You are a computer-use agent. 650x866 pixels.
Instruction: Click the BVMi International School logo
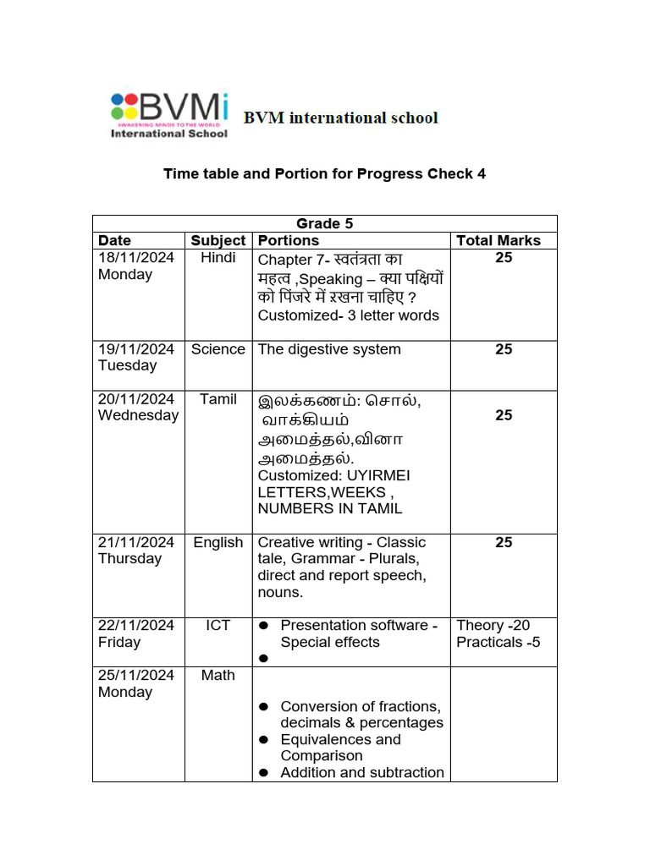pyautogui.click(x=169, y=115)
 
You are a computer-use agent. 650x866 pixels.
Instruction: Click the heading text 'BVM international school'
pyautogui.click(x=341, y=118)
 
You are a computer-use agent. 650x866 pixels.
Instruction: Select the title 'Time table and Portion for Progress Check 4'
pyautogui.click(x=324, y=174)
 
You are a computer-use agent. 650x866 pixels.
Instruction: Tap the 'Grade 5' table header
pyautogui.click(x=324, y=223)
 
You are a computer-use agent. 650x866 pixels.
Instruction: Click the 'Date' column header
pyautogui.click(x=115, y=240)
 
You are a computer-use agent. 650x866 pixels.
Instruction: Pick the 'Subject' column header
pyautogui.click(x=218, y=240)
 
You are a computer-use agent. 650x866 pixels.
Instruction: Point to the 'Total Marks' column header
pyautogui.click(x=498, y=240)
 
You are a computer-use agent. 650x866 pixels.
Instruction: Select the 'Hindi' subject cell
pyautogui.click(x=218, y=258)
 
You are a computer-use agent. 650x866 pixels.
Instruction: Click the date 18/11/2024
pyautogui.click(x=136, y=258)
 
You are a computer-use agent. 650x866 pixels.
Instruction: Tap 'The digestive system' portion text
pyautogui.click(x=329, y=349)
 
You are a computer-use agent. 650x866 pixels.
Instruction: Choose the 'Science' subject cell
pyautogui.click(x=218, y=349)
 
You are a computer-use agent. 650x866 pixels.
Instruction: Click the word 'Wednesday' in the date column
pyautogui.click(x=138, y=415)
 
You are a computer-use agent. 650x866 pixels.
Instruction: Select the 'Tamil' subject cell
pyautogui.click(x=218, y=399)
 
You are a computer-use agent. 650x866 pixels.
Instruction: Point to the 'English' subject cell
pyautogui.click(x=218, y=542)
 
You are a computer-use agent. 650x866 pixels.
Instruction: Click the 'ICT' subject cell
pyautogui.click(x=218, y=625)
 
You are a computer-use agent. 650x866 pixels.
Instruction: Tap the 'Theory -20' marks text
pyautogui.click(x=493, y=625)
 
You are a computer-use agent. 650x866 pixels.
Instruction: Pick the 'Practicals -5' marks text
pyautogui.click(x=498, y=642)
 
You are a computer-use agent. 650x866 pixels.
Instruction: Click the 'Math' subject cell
pyautogui.click(x=218, y=675)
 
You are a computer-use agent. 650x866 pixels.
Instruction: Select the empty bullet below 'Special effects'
pyautogui.click(x=264, y=658)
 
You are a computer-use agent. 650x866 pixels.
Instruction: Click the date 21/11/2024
pyautogui.click(x=136, y=542)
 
